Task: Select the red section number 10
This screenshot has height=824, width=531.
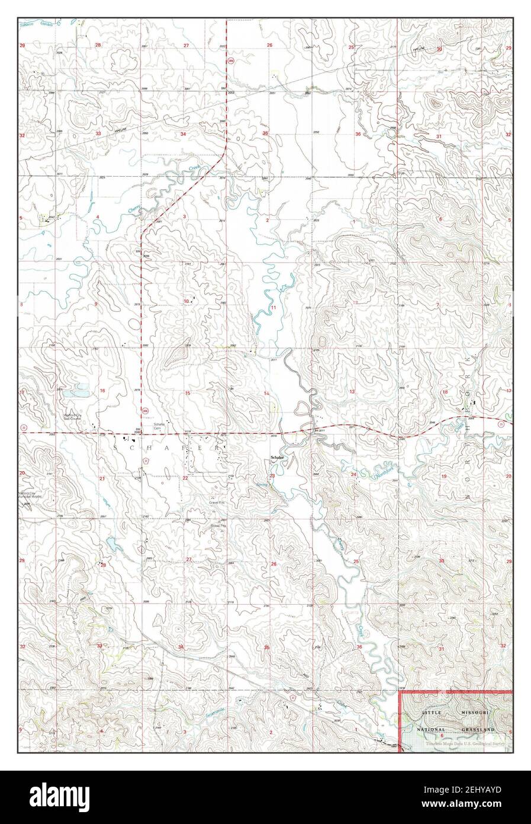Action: [x=186, y=301]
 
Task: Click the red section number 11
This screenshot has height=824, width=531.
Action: [x=273, y=308]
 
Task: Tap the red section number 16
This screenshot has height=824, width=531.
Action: [x=102, y=391]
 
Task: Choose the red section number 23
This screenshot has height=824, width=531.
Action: [x=272, y=475]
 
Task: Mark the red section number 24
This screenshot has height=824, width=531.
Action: [x=353, y=474]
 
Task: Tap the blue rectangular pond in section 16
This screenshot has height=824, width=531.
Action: [x=77, y=392]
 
